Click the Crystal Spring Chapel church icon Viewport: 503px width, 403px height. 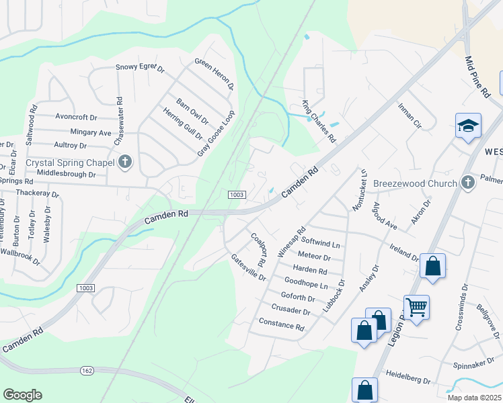point(124,162)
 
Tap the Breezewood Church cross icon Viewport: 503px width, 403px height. point(468,182)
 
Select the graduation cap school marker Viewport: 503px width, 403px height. point(468,126)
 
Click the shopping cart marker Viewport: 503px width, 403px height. point(416,308)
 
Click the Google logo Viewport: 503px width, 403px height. point(22,395)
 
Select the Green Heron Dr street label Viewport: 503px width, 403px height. point(214,74)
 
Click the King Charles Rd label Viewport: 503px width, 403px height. point(318,122)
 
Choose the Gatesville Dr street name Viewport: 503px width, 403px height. point(248,267)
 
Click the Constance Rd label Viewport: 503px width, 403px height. point(281,324)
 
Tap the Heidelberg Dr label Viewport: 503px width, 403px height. point(408,380)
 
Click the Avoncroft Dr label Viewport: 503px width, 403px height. point(77,116)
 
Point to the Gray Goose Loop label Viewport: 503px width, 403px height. point(215,133)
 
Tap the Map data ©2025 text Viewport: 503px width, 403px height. point(474,398)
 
